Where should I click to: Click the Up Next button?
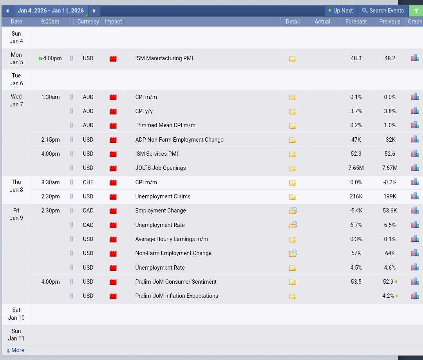[341, 11]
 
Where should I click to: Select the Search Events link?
[383, 11]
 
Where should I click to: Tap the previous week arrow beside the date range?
[7, 11]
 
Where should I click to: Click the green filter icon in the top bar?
[416, 11]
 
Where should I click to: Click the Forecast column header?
[356, 22]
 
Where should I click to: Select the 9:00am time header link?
[50, 22]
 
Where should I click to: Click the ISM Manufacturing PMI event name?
[164, 58]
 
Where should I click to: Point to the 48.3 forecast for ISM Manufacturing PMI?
[356, 58]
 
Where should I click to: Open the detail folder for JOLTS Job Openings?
[293, 168]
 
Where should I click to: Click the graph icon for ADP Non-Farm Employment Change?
[415, 139]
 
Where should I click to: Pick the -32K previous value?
[390, 140]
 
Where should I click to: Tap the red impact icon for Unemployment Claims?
[113, 197]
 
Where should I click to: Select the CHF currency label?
[88, 182]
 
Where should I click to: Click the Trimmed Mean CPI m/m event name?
[165, 125]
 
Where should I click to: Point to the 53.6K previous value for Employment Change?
[390, 211]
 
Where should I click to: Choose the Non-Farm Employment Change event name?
[173, 253]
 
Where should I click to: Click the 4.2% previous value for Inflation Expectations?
[388, 296]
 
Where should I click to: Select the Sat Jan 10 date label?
[16, 314]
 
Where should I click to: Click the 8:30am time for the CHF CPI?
[51, 182]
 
